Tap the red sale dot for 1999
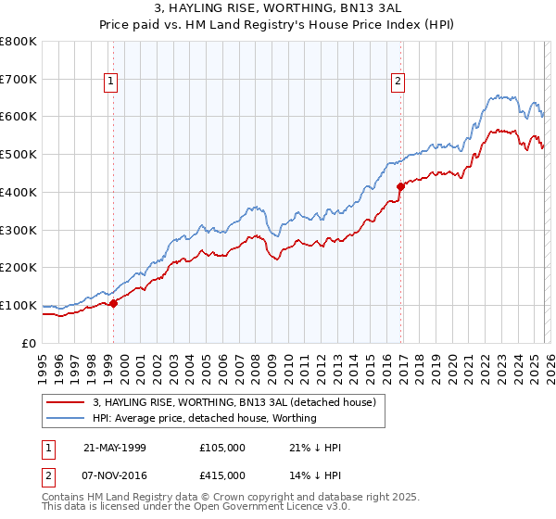click(x=113, y=303)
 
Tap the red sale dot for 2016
click(x=400, y=186)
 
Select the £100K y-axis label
click(x=19, y=305)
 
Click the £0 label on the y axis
click(x=29, y=343)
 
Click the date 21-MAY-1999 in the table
click(x=115, y=447)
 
